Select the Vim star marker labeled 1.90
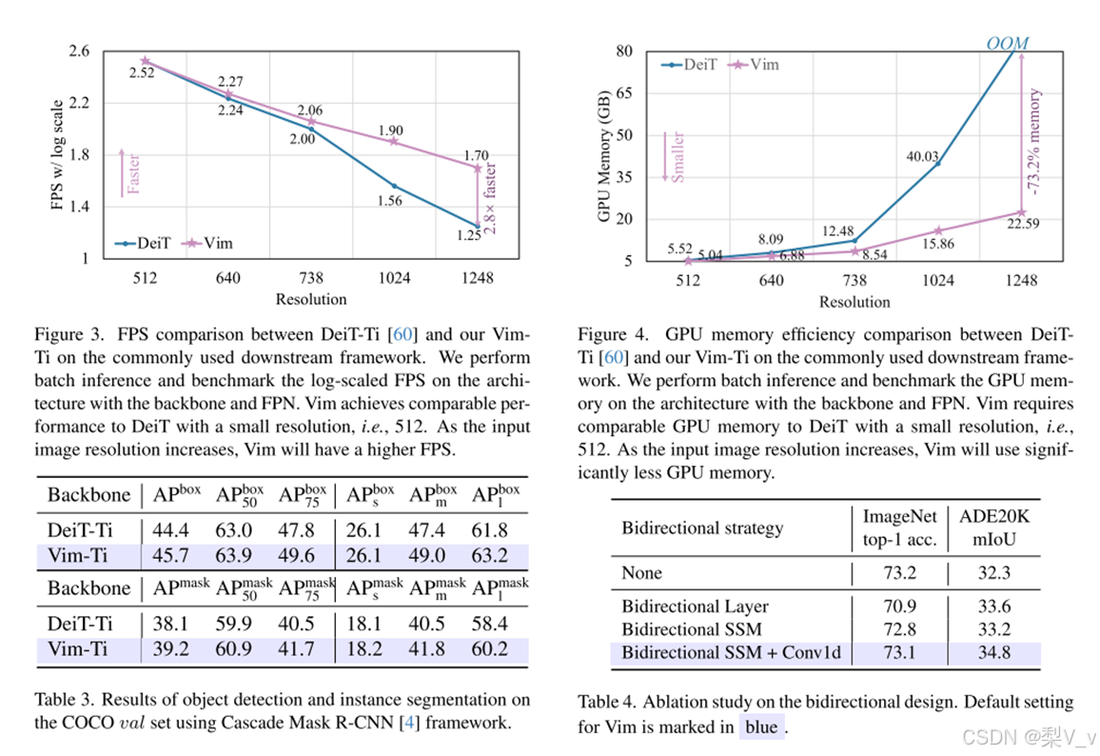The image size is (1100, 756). click(x=394, y=141)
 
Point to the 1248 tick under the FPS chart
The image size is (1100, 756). click(x=478, y=278)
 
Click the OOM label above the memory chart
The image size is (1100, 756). click(x=1007, y=43)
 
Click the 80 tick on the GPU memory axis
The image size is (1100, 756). click(x=624, y=50)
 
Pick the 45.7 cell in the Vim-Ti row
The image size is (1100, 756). click(x=170, y=555)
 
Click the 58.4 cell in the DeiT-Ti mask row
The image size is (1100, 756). click(x=489, y=624)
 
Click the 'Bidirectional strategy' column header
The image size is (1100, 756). click(x=702, y=527)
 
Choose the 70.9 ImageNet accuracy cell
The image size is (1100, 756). click(x=900, y=607)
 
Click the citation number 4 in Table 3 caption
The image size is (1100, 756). click(x=408, y=723)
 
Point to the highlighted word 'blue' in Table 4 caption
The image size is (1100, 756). click(x=760, y=727)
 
